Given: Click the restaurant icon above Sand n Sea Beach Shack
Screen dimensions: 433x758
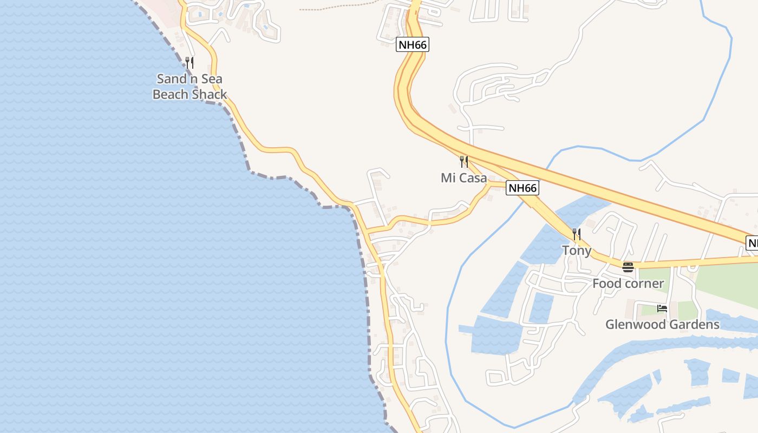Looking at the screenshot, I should click(190, 62).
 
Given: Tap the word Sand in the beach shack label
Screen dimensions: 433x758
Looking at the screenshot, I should click(172, 79).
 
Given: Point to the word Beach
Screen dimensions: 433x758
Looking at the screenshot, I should click(170, 95).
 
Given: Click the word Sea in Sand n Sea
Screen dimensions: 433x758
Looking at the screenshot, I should click(211, 79).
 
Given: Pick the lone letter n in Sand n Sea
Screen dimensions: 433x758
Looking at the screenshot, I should click(192, 79).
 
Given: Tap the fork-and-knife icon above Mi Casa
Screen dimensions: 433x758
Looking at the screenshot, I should click(463, 161).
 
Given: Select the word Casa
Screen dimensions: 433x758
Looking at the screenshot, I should click(472, 178).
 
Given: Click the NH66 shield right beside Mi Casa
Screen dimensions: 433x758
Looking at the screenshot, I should click(522, 188).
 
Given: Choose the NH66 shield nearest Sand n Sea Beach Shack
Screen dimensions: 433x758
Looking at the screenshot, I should click(413, 45).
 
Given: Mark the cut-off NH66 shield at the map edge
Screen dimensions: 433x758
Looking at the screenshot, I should click(752, 243).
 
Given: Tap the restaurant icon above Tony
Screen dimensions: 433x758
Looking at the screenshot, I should click(577, 234).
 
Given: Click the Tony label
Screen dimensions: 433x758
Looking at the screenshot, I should click(577, 251).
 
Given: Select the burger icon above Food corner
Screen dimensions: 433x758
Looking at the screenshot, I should click(628, 267).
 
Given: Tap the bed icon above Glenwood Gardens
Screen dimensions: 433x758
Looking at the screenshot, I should click(662, 309).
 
